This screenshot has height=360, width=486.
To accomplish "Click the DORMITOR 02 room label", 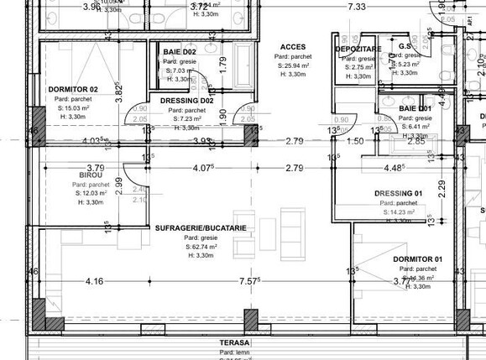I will [73, 89].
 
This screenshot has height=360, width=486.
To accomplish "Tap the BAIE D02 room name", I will [180, 53].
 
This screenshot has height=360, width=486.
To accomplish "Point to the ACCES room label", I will [293, 47].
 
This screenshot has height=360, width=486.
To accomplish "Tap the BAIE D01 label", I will [415, 109].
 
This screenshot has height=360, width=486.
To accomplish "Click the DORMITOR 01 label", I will [418, 258].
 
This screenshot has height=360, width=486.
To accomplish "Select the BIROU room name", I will [91, 176].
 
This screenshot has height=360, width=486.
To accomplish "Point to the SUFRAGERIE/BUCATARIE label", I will [201, 228].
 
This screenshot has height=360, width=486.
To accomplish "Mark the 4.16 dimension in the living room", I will [94, 281].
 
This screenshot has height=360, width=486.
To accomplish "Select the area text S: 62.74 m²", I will [201, 247].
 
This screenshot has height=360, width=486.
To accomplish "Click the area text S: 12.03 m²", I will [91, 194].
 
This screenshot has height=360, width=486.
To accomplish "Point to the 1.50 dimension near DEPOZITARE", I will [355, 141].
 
